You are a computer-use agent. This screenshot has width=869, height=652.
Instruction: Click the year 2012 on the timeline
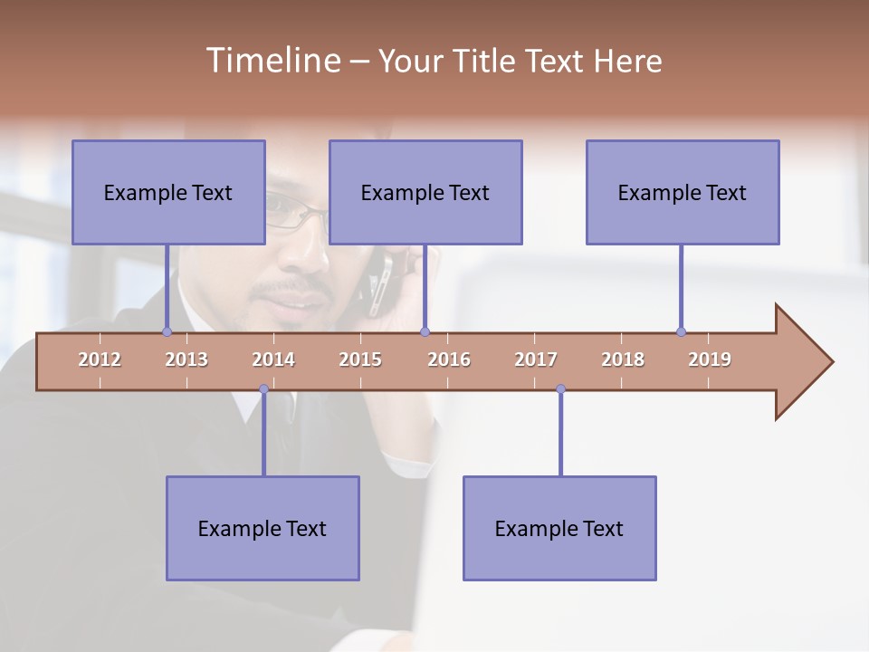coord(100,360)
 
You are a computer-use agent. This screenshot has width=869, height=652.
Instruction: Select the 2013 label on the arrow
coord(186,360)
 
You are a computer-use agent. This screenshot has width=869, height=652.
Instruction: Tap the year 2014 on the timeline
coord(273,360)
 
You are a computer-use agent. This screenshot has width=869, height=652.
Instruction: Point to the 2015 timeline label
coord(360,360)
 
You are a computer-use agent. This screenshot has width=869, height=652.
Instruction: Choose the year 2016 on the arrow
coord(449,360)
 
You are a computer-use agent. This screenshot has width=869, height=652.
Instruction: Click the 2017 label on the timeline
coord(536,360)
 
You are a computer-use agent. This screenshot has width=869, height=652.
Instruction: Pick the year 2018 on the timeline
coord(623,360)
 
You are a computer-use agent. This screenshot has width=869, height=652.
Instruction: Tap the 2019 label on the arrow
coord(710,360)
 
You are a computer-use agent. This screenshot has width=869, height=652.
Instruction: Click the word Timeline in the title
coord(272,61)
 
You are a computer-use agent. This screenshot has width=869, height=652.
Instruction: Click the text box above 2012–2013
coord(168,192)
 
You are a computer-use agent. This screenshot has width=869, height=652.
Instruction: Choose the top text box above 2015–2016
coord(425,192)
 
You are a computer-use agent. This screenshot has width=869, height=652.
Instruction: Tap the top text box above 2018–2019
coord(683,192)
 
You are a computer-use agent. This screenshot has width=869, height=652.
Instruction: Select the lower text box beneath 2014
coord(263,528)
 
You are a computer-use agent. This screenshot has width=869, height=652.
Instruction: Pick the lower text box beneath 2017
coord(559,528)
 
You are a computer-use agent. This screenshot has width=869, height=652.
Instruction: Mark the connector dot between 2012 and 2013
coord(167,332)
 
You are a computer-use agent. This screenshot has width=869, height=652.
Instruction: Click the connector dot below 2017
coord(560,389)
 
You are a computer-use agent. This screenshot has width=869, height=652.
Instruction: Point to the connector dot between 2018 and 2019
coord(681,332)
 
